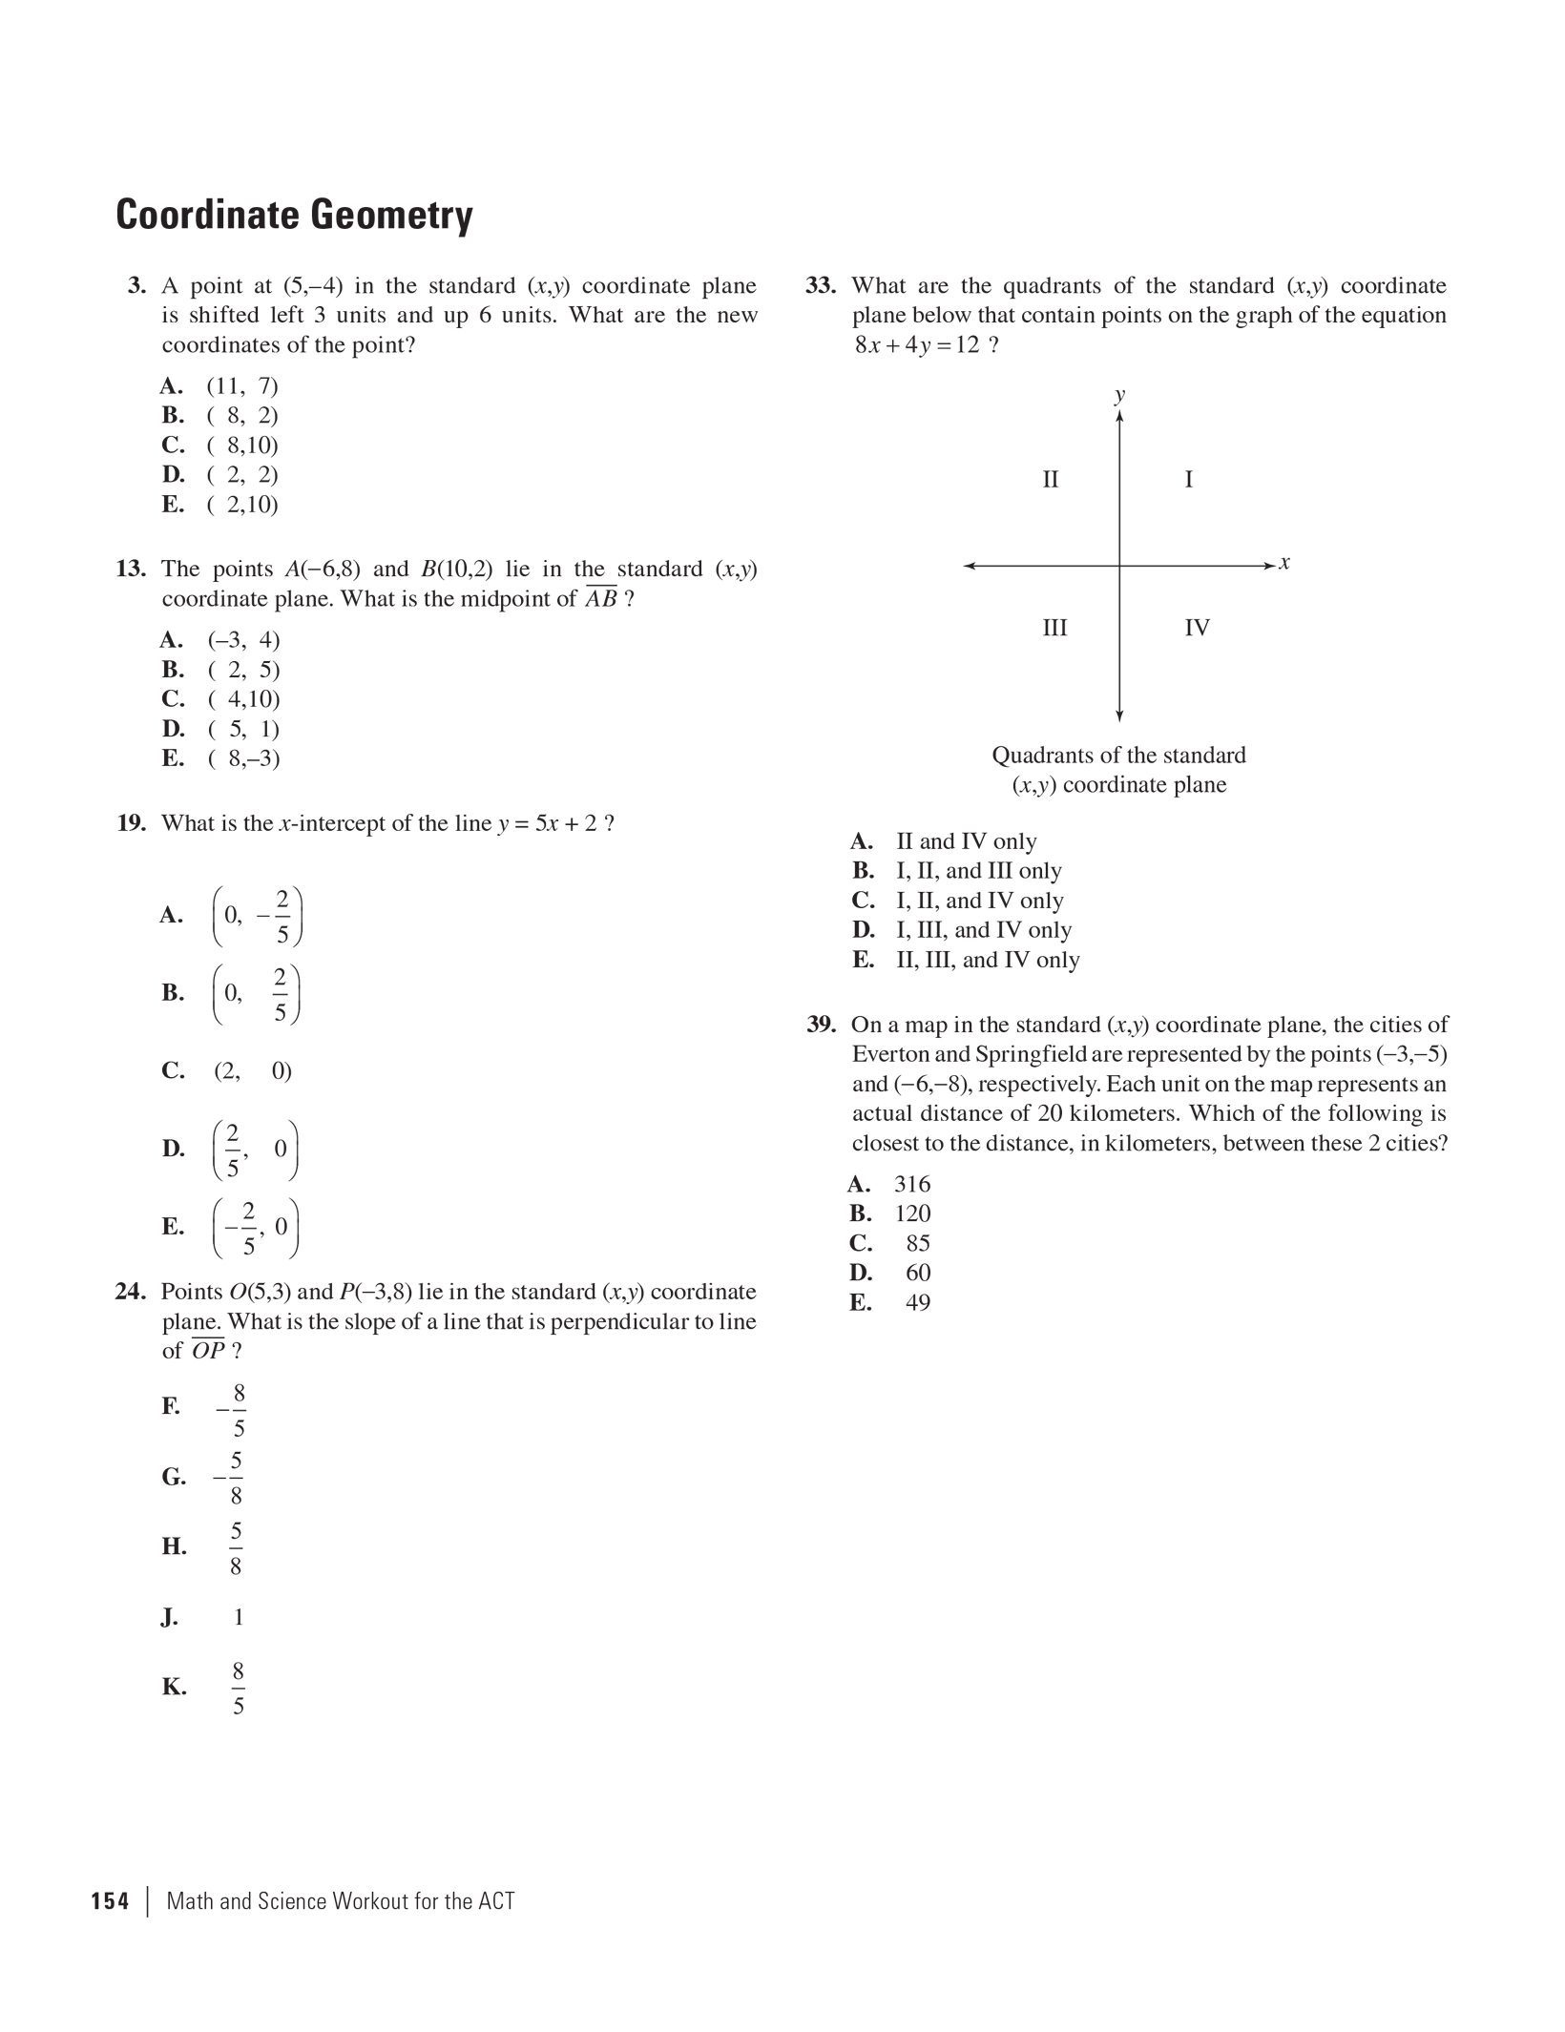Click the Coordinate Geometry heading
pyautogui.click(x=294, y=215)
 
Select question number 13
pyautogui.click(x=131, y=570)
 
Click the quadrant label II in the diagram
pyautogui.click(x=1050, y=479)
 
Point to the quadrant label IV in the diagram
pyautogui.click(x=1197, y=628)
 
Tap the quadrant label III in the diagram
pyautogui.click(x=1054, y=628)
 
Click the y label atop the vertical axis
pyautogui.click(x=1119, y=395)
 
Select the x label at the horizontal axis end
pyautogui.click(x=1284, y=563)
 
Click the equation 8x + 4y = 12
pyautogui.click(x=917, y=345)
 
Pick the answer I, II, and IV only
pyautogui.click(x=979, y=901)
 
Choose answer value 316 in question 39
pyautogui.click(x=911, y=1184)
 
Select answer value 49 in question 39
pyautogui.click(x=918, y=1302)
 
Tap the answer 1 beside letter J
pyautogui.click(x=239, y=1617)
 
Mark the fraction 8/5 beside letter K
pyautogui.click(x=238, y=1688)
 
